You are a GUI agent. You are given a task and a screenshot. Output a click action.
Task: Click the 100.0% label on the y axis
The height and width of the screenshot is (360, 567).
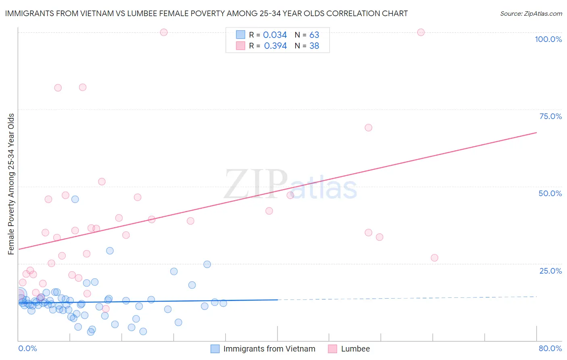click(x=548, y=39)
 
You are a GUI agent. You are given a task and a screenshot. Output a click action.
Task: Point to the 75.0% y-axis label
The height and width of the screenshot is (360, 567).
click(x=550, y=116)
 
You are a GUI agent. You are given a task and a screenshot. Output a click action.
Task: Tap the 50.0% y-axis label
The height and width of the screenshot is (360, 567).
click(x=550, y=193)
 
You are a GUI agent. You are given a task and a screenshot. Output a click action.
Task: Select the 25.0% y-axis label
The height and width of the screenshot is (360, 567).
click(x=550, y=271)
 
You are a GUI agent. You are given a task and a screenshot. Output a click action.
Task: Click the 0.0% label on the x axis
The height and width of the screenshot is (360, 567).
click(x=27, y=348)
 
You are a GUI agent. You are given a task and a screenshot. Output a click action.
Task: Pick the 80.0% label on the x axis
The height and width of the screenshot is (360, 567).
click(x=550, y=348)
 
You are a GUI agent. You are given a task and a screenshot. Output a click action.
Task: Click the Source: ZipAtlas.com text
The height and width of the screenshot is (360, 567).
click(x=531, y=14)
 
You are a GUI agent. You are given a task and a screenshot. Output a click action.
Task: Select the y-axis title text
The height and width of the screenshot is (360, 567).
click(x=11, y=184)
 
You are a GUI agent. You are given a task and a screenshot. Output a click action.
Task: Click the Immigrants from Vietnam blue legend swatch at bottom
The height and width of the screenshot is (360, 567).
click(x=215, y=349)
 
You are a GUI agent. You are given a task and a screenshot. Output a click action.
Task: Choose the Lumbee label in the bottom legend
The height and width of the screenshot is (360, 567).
click(x=355, y=349)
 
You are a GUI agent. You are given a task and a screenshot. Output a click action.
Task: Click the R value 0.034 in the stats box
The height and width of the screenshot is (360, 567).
click(x=275, y=35)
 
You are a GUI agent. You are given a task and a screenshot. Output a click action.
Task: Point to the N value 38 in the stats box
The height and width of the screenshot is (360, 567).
click(x=314, y=46)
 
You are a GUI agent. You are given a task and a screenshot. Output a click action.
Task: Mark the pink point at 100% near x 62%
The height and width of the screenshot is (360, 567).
click(x=421, y=32)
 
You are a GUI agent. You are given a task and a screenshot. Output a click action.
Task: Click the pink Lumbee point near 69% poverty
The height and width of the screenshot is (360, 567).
click(x=368, y=128)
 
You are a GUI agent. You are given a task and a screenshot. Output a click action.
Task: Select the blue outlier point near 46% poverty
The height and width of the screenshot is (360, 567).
click(x=75, y=199)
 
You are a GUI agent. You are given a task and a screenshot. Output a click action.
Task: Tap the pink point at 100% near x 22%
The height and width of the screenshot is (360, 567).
click(x=164, y=32)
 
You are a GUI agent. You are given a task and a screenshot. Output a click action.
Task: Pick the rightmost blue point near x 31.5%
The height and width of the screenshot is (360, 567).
click(x=223, y=303)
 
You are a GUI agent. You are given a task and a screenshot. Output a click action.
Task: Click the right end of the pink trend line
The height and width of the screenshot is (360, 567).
click(x=536, y=132)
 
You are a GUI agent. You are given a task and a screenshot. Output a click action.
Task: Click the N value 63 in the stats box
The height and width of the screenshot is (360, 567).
click(x=314, y=35)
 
